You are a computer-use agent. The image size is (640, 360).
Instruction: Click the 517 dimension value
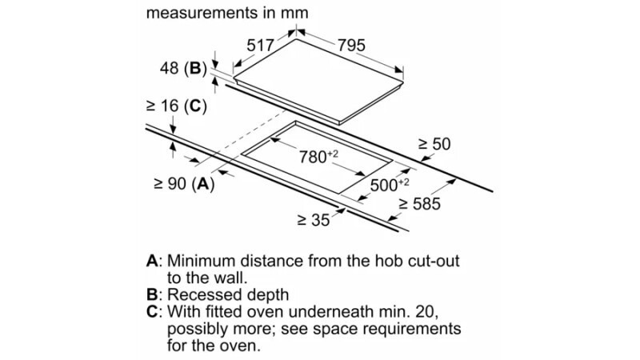tap(260, 45)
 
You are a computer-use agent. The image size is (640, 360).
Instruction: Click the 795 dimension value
tap(351, 45)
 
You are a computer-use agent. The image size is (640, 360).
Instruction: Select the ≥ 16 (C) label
tap(176, 106)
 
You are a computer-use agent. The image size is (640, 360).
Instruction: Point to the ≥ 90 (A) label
tap(184, 184)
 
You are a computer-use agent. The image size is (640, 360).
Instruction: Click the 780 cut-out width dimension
tap(318, 156)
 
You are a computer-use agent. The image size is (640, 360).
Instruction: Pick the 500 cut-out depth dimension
tap(390, 185)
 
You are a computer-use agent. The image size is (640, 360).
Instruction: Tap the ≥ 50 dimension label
tap(434, 144)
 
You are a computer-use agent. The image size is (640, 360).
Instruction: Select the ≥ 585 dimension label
tap(419, 204)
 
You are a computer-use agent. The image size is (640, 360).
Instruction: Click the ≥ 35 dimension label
tap(314, 221)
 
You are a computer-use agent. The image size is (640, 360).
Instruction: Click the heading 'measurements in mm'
tap(227, 13)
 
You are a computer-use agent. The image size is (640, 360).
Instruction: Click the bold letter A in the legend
tap(152, 261)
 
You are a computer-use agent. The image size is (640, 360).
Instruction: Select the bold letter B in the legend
tap(152, 294)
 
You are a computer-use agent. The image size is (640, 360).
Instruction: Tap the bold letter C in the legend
tap(152, 312)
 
